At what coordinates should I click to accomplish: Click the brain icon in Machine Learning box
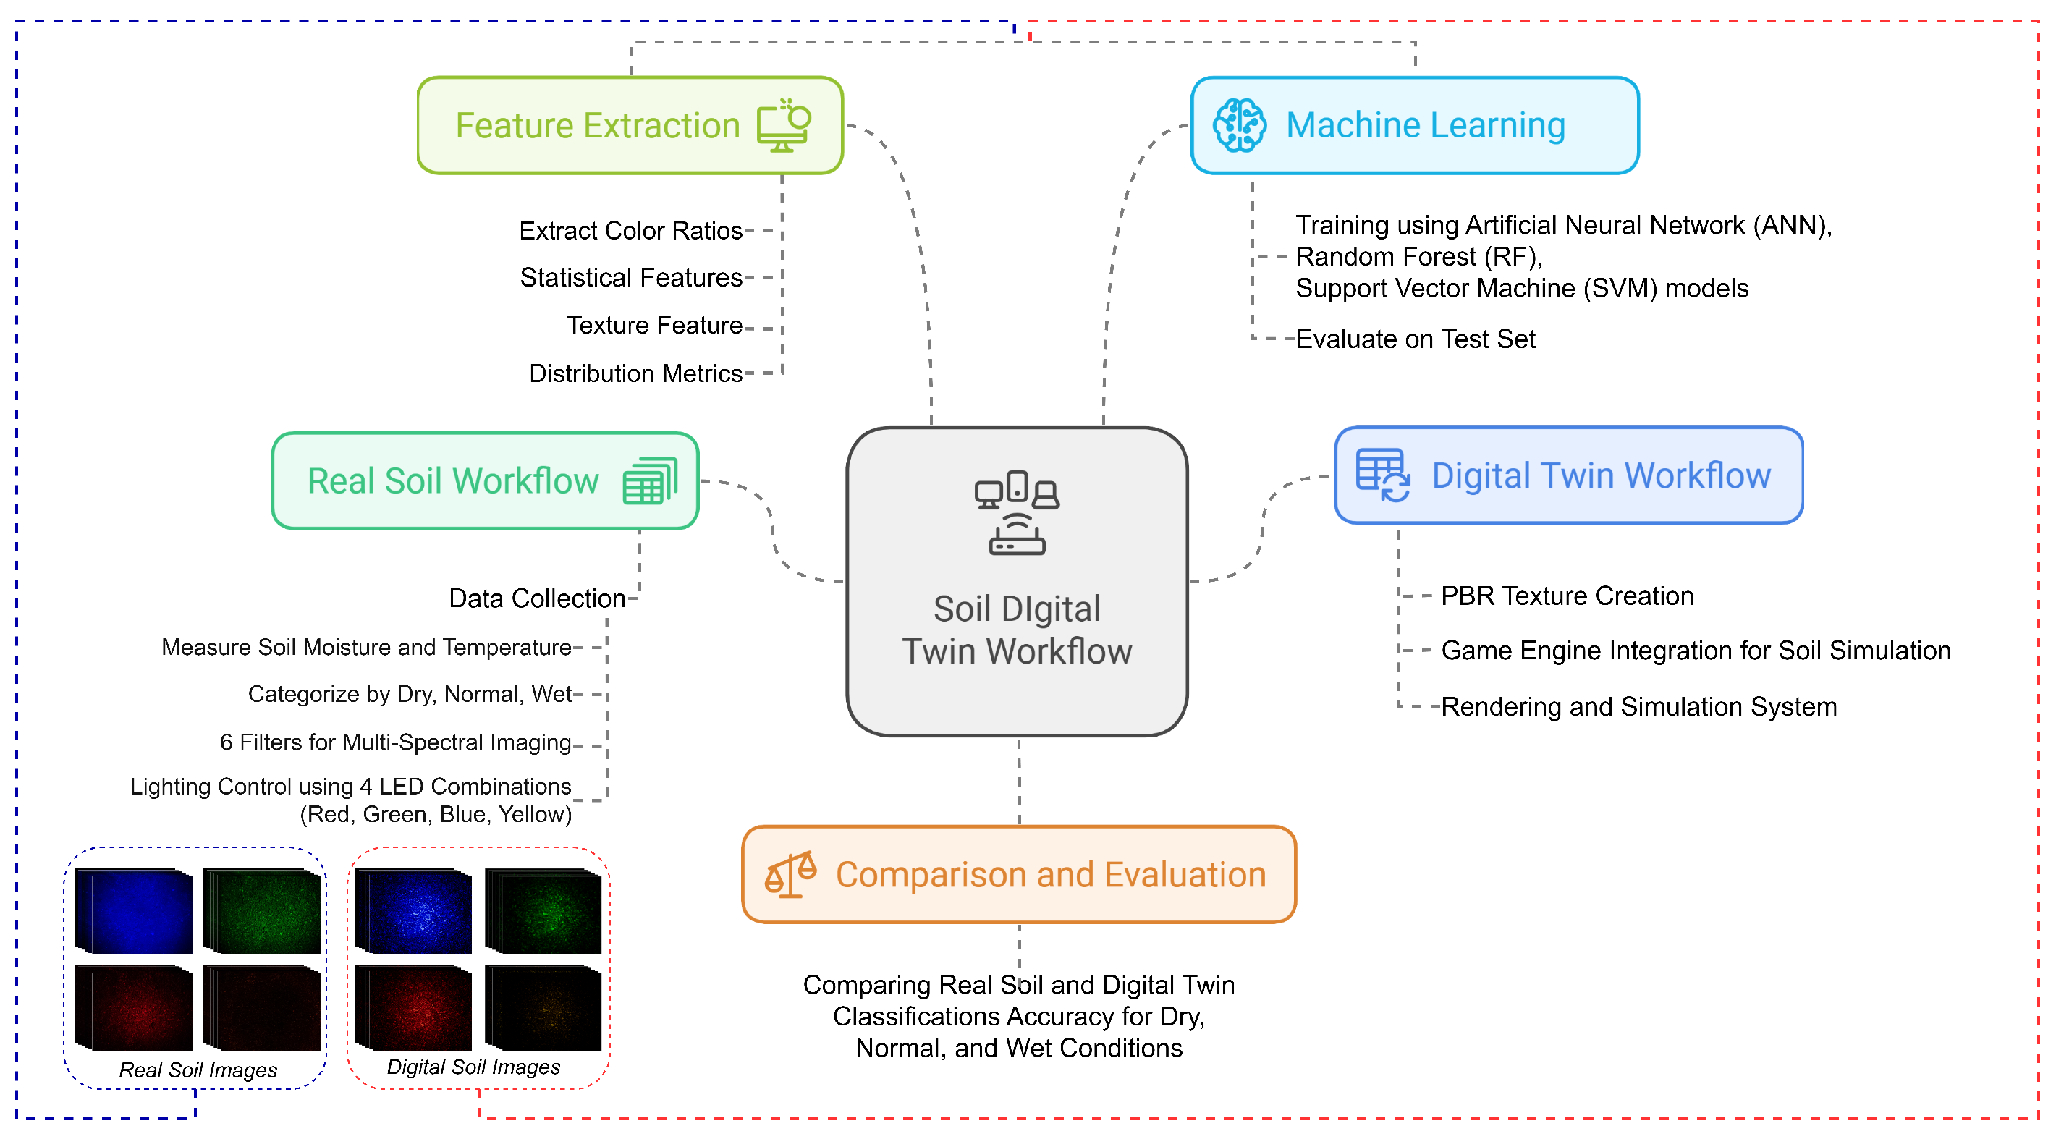[1239, 125]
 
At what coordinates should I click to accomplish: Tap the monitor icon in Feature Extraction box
[784, 125]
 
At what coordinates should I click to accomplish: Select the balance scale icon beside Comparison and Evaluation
[790, 875]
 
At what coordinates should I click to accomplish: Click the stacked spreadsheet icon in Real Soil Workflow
[650, 480]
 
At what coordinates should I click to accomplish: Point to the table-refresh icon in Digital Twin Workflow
[1382, 475]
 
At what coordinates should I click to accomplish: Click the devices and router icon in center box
[1017, 512]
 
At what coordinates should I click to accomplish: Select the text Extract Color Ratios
[630, 231]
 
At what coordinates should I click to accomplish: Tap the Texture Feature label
[654, 326]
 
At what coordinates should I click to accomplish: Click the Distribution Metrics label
[635, 373]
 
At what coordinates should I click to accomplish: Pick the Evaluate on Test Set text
[1415, 339]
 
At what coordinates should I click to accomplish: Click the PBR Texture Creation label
[1567, 596]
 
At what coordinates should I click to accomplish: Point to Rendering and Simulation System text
[1638, 707]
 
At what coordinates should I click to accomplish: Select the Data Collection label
[536, 598]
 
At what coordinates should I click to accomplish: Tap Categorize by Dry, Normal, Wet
[410, 695]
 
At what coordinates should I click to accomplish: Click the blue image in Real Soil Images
[134, 912]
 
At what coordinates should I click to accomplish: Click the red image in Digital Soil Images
[414, 1008]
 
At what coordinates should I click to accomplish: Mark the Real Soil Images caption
[198, 1070]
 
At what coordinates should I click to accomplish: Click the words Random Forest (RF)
[1418, 257]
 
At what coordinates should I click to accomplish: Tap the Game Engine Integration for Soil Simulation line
[1696, 651]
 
